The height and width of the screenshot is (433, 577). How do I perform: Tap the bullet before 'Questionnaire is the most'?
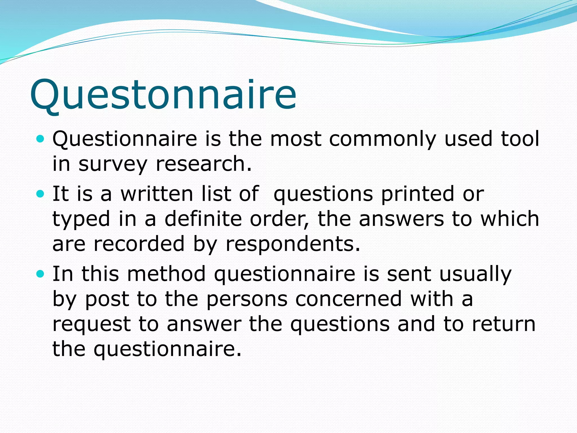[41, 139]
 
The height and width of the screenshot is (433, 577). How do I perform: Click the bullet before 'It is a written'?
[41, 194]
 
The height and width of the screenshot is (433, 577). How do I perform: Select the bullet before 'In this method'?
[41, 274]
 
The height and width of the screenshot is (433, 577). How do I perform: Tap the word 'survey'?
[113, 164]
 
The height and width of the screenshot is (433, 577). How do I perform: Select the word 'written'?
[157, 194]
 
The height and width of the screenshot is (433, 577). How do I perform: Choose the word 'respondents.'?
[293, 244]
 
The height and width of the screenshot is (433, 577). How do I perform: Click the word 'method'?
[166, 274]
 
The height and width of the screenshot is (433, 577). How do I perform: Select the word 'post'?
[107, 299]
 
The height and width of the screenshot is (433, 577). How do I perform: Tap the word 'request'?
[92, 324]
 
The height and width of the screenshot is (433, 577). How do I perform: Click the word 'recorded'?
[139, 244]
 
